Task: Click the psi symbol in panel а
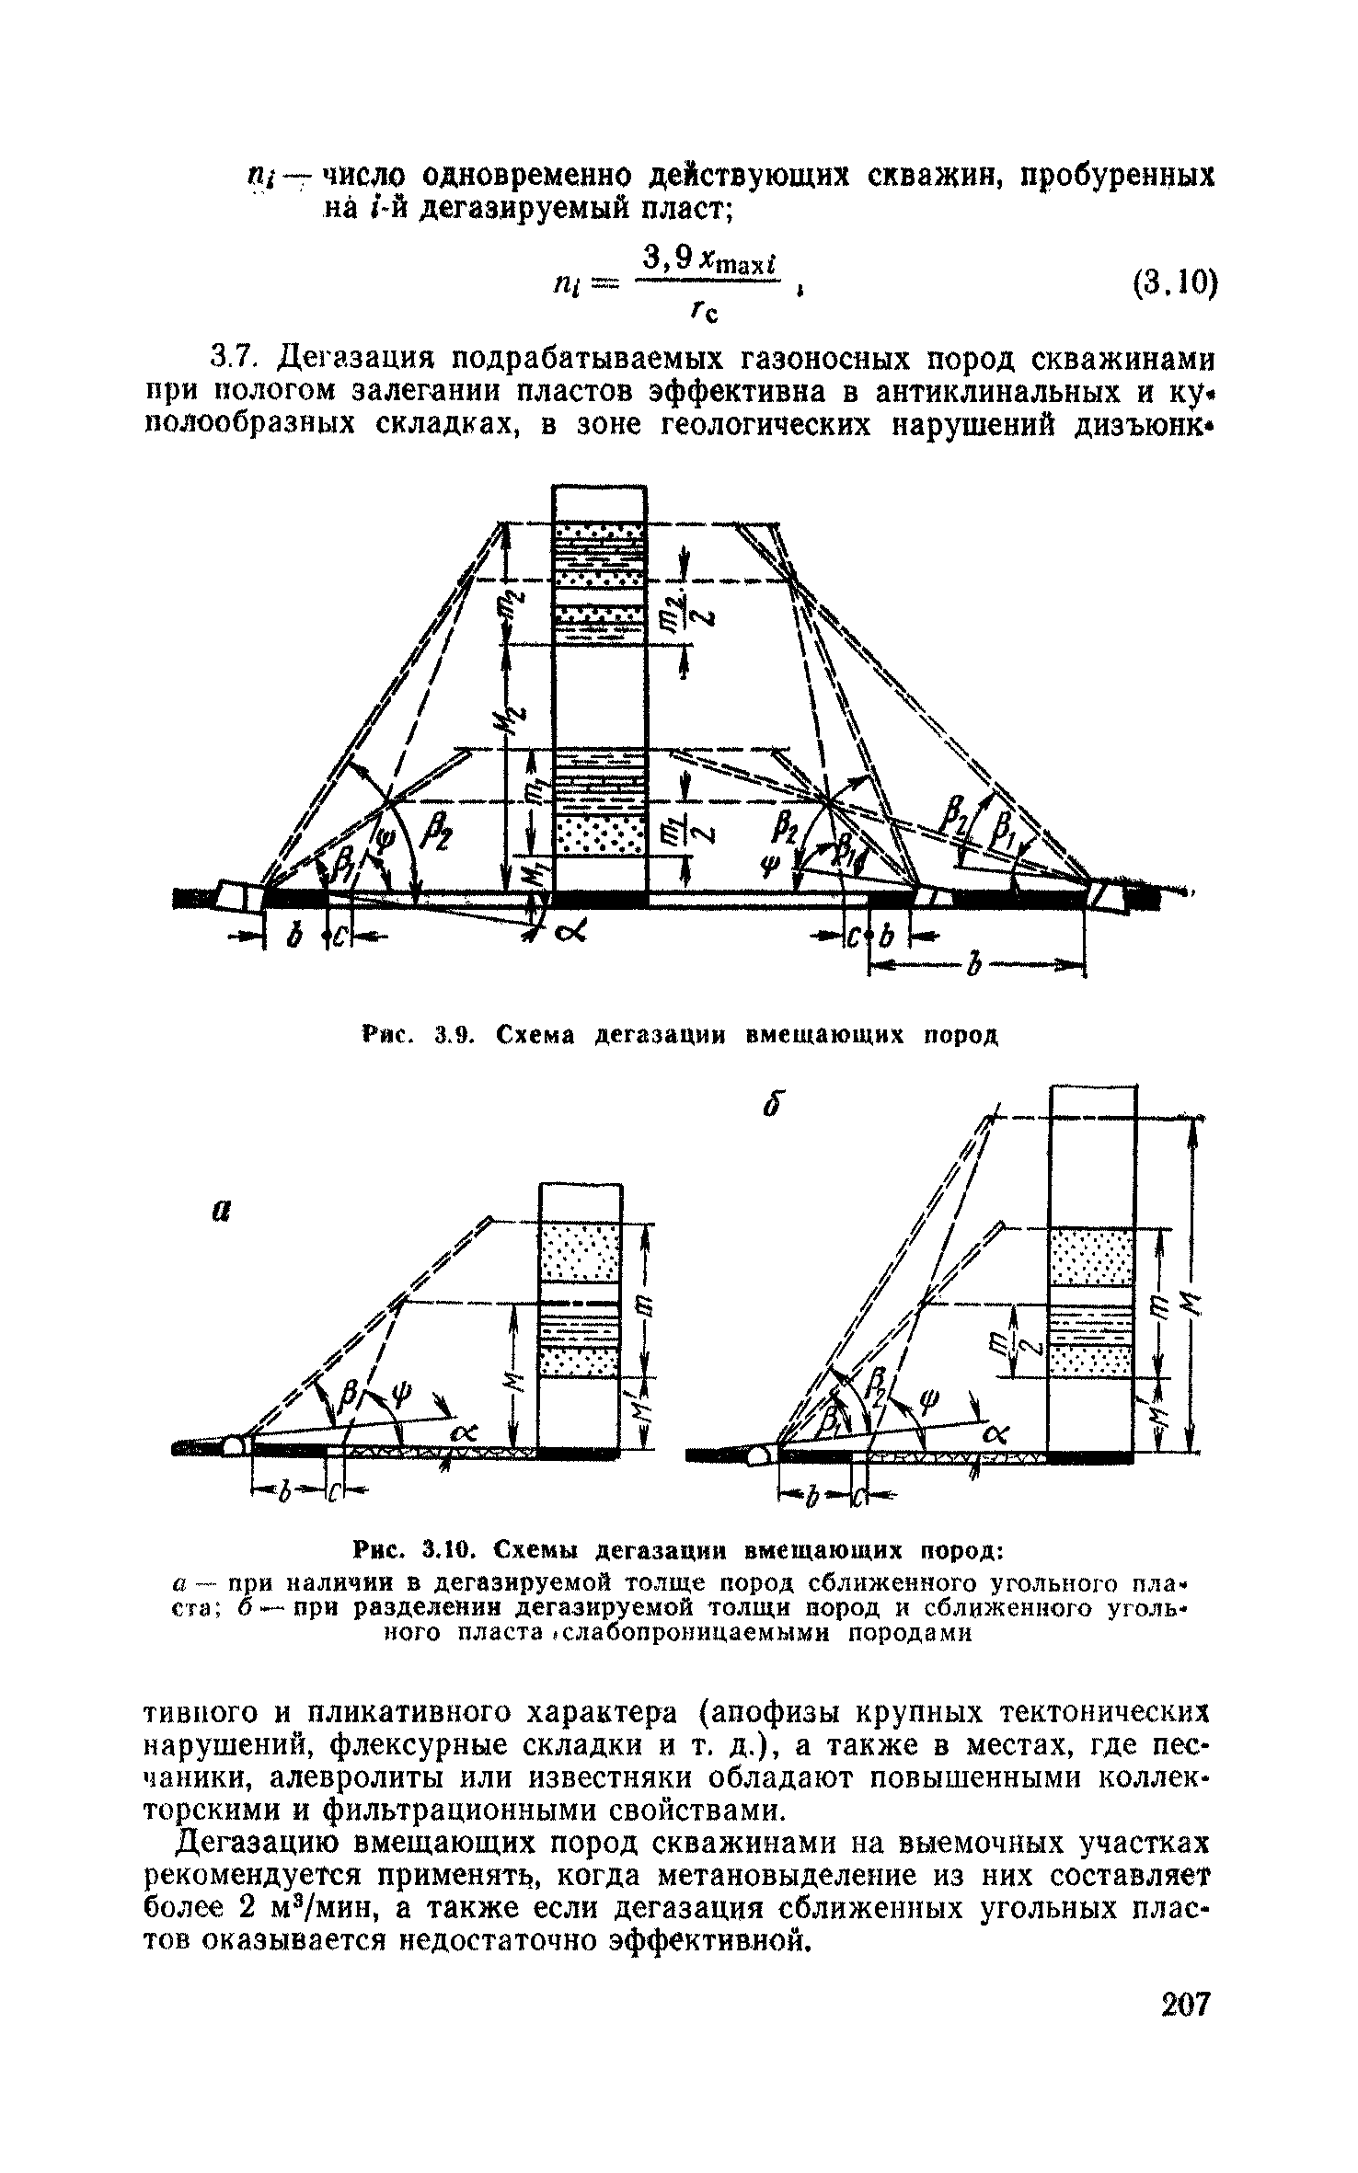coord(399,1392)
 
